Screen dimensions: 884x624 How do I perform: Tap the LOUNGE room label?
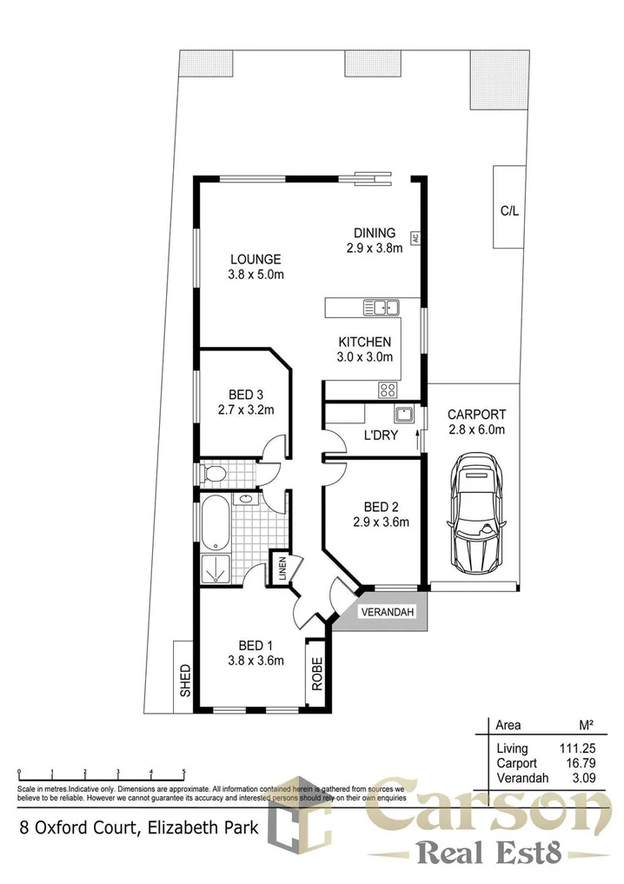pos(256,258)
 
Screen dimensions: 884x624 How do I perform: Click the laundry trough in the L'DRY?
pos(404,414)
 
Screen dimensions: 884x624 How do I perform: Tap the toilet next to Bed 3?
pos(214,474)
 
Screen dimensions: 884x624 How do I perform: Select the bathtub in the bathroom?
pos(214,522)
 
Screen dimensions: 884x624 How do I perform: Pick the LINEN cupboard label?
pos(281,569)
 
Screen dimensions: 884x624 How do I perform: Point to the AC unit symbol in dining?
pos(415,236)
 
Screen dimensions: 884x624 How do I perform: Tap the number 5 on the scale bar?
pos(183,772)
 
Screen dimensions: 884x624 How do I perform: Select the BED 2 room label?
pos(381,507)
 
